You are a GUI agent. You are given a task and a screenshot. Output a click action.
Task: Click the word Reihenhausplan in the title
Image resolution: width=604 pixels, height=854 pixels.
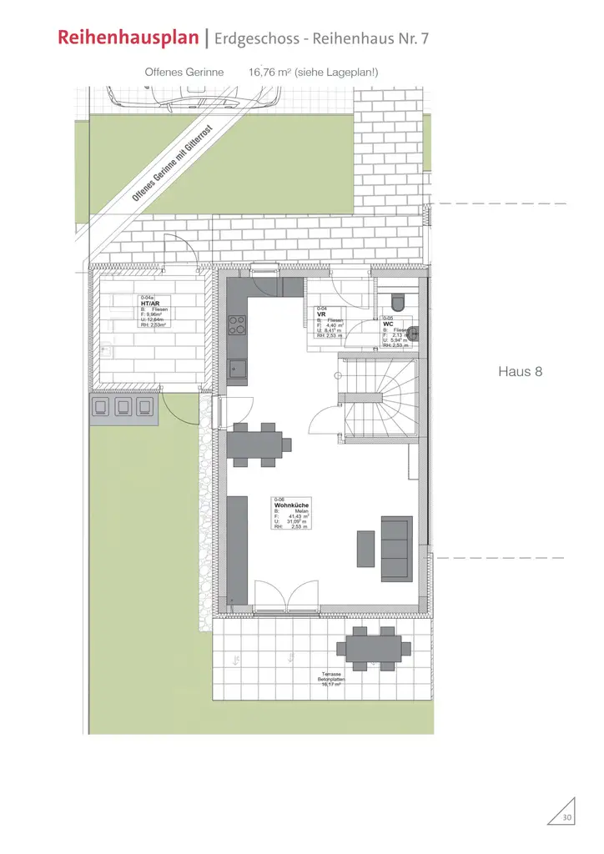[x=128, y=38]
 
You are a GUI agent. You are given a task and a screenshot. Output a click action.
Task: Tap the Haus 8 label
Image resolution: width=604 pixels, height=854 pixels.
[x=520, y=371]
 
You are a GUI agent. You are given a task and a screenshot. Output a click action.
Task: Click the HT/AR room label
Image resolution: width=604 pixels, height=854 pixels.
[x=150, y=304]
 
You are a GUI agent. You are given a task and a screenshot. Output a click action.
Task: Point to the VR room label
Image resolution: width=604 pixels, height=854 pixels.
[x=321, y=314]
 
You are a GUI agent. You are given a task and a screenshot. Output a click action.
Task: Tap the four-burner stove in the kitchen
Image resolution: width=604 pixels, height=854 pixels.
[x=237, y=324]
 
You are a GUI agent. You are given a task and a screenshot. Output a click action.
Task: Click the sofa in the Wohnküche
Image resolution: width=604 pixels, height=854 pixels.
[x=396, y=548]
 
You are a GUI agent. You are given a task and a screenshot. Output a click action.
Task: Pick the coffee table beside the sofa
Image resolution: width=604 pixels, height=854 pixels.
[x=365, y=548]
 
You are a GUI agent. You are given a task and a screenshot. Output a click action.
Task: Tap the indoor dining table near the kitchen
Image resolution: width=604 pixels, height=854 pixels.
[x=257, y=442]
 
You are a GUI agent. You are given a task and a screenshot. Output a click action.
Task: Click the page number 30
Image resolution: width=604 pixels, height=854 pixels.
[x=566, y=816]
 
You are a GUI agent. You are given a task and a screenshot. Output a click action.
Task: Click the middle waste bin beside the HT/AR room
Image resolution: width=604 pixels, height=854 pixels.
[x=123, y=408]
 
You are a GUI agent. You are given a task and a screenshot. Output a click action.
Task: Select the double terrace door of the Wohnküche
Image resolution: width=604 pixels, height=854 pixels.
[x=285, y=596]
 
